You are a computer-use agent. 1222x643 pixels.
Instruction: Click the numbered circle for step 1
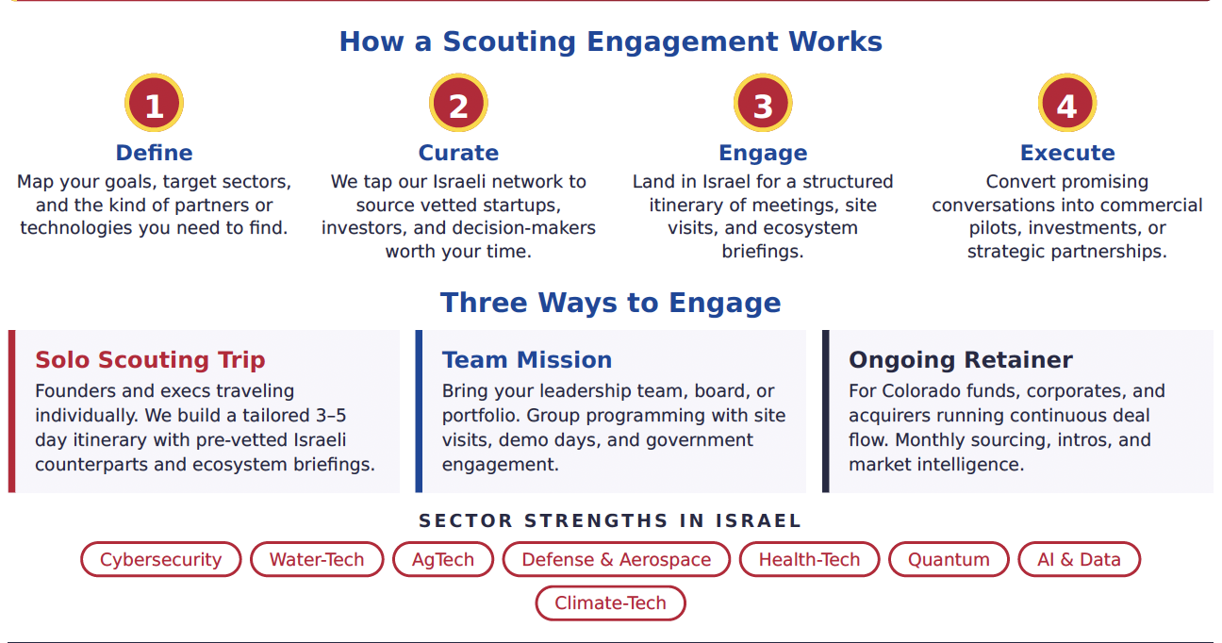(x=154, y=103)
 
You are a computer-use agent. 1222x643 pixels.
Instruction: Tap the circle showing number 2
(x=458, y=103)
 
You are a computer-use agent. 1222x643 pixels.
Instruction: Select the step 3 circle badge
(x=763, y=103)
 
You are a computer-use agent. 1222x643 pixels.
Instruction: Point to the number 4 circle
(x=1067, y=103)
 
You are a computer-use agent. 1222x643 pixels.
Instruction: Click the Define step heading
(x=154, y=153)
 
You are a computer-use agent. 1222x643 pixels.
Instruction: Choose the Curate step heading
(x=458, y=153)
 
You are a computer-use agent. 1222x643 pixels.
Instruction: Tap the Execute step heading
(x=1067, y=153)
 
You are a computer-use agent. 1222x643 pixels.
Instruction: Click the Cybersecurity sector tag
(x=161, y=559)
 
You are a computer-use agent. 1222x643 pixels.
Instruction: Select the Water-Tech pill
(x=317, y=559)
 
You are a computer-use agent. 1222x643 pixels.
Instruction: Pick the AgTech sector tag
(x=443, y=559)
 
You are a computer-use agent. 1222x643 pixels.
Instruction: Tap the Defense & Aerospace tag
(x=617, y=559)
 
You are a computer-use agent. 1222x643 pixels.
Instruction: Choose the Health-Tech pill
(x=810, y=559)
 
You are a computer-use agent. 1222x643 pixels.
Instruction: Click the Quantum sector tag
(x=949, y=559)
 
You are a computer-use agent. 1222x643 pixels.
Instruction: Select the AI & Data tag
(x=1079, y=559)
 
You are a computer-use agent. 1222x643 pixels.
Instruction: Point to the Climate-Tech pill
(x=610, y=602)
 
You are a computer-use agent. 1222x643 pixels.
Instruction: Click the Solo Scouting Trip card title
(x=150, y=360)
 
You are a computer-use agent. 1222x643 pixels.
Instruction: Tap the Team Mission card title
(x=527, y=360)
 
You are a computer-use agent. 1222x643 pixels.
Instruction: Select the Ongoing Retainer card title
(x=961, y=360)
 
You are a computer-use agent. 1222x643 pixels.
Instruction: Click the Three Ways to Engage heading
(x=610, y=303)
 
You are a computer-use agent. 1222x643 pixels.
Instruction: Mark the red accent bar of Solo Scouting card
(x=11, y=411)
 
